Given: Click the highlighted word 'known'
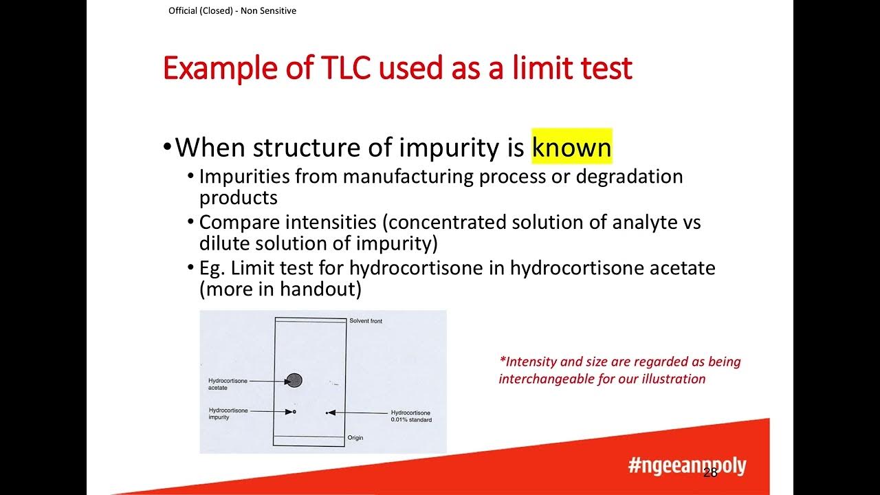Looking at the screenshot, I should coord(571,147).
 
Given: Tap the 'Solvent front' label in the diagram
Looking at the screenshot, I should coord(365,321).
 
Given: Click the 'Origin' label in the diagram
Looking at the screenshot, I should coord(355,438).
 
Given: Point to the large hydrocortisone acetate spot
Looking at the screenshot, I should coord(294,380).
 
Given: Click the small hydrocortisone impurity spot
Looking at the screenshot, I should coord(294,412).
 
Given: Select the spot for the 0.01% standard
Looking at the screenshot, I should coord(327,412).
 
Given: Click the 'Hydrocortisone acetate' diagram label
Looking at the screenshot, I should coord(227,384).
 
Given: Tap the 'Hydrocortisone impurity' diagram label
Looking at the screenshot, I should coord(228,414).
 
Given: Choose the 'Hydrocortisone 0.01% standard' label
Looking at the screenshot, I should coord(411,416).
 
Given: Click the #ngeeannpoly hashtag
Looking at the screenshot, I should coord(686,465).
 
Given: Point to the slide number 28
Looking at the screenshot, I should coord(710,472).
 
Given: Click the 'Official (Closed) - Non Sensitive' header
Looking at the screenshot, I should coord(232,11).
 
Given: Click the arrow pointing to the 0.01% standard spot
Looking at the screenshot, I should coord(357,412).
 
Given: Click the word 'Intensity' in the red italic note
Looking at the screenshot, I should coord(529,362).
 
